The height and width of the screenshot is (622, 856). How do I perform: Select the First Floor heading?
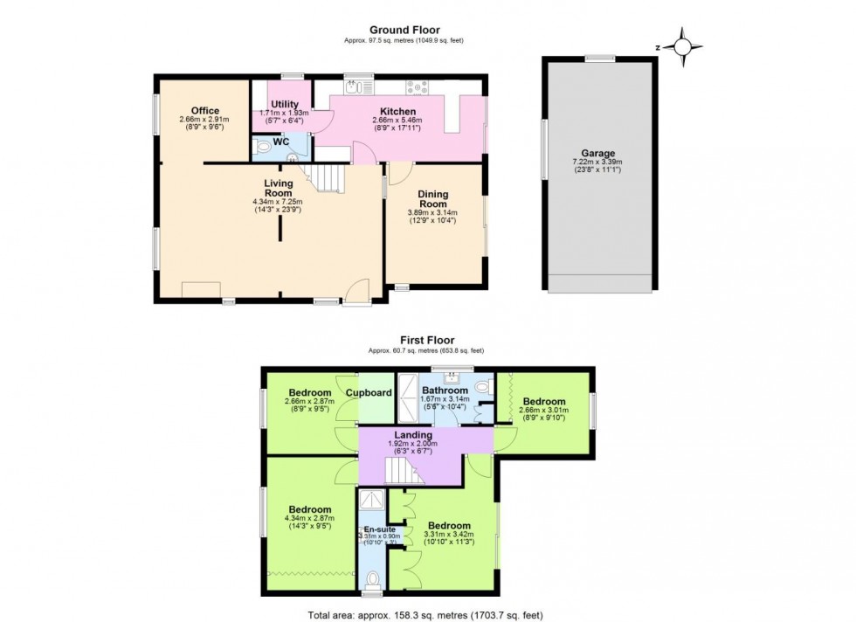(x=427, y=341)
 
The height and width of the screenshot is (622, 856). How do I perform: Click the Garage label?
(x=597, y=154)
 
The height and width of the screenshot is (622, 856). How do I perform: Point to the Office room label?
(x=204, y=110)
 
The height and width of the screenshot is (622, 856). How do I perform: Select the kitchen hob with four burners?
(x=417, y=87)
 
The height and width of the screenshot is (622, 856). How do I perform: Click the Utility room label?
(x=285, y=105)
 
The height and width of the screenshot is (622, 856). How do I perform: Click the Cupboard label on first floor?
(x=369, y=393)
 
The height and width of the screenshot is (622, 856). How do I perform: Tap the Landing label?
(x=412, y=435)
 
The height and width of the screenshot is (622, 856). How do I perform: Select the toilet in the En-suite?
(x=373, y=577)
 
